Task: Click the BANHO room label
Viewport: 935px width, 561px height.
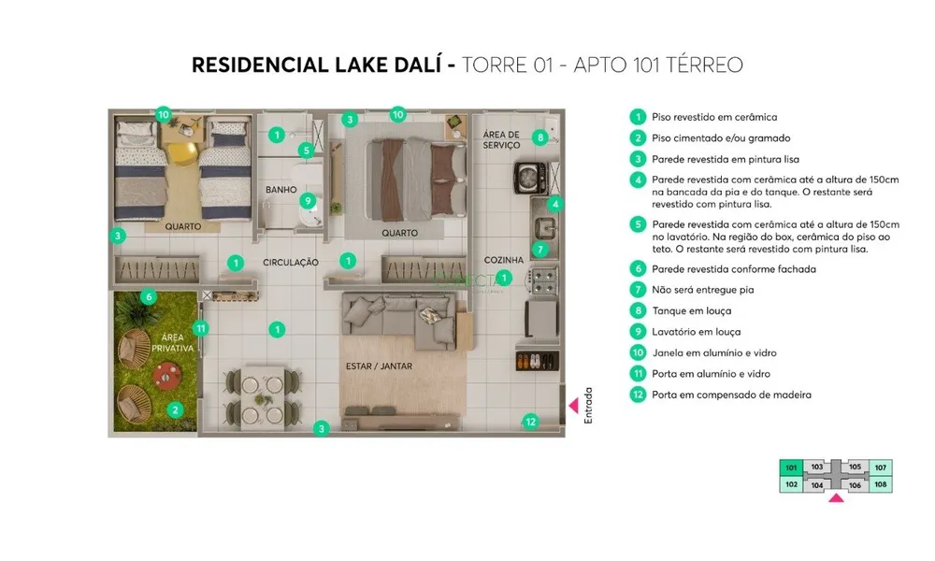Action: point(280,190)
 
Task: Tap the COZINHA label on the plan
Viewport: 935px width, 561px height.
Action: point(504,260)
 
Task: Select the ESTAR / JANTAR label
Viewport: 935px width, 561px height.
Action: point(380,366)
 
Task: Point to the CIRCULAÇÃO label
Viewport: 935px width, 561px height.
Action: point(291,263)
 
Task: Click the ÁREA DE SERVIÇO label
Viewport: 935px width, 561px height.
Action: point(501,139)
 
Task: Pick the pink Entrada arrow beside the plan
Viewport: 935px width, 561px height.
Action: point(574,406)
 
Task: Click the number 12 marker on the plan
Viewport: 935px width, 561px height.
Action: point(530,422)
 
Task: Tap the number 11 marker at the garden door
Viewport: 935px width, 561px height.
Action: point(201,328)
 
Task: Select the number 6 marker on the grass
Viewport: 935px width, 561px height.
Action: point(149,297)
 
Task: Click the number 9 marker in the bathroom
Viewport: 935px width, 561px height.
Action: point(308,201)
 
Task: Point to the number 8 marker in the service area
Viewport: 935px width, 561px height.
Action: point(540,137)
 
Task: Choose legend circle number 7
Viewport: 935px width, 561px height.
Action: point(638,290)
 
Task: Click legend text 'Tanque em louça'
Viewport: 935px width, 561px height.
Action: point(692,310)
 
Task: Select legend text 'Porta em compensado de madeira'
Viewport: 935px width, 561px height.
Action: point(732,395)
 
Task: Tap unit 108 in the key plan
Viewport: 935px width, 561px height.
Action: point(881,484)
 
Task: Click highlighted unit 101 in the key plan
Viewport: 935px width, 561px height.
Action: point(791,467)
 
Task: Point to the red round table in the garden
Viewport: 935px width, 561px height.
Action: point(167,376)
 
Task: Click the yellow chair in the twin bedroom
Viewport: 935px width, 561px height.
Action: point(182,152)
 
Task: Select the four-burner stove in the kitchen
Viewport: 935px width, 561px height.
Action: point(542,280)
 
